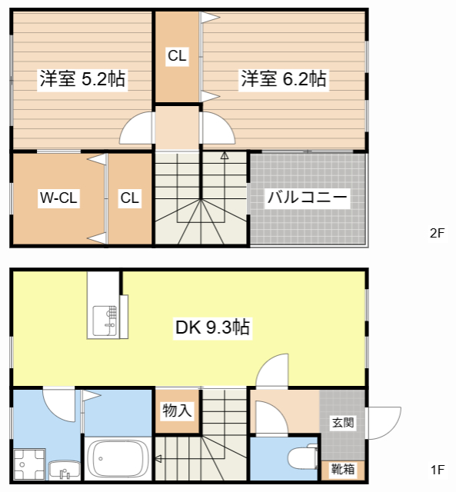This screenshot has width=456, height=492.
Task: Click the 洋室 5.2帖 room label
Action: (82, 78)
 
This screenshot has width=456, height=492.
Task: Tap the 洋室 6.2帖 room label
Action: (284, 78)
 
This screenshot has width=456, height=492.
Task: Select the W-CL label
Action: (58, 198)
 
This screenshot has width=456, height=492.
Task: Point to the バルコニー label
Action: (308, 198)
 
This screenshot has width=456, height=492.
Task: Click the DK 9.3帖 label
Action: (212, 327)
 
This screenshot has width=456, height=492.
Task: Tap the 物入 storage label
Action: (178, 411)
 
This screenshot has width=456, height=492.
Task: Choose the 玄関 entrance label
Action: (343, 423)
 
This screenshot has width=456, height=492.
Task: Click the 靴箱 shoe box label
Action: (343, 470)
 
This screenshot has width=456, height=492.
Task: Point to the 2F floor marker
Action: (438, 233)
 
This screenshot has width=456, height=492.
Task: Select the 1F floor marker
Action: (438, 470)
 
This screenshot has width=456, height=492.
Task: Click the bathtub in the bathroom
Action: (118, 459)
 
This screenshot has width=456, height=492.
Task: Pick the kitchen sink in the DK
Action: (105, 321)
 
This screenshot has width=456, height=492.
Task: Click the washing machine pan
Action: (29, 464)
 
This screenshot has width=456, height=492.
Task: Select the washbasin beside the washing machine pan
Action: (65, 470)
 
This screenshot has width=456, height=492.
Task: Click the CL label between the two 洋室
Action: (178, 56)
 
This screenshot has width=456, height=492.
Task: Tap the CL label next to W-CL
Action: (130, 198)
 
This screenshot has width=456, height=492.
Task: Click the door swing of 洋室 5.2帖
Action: (129, 121)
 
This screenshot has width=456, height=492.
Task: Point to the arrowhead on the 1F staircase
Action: (158, 459)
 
